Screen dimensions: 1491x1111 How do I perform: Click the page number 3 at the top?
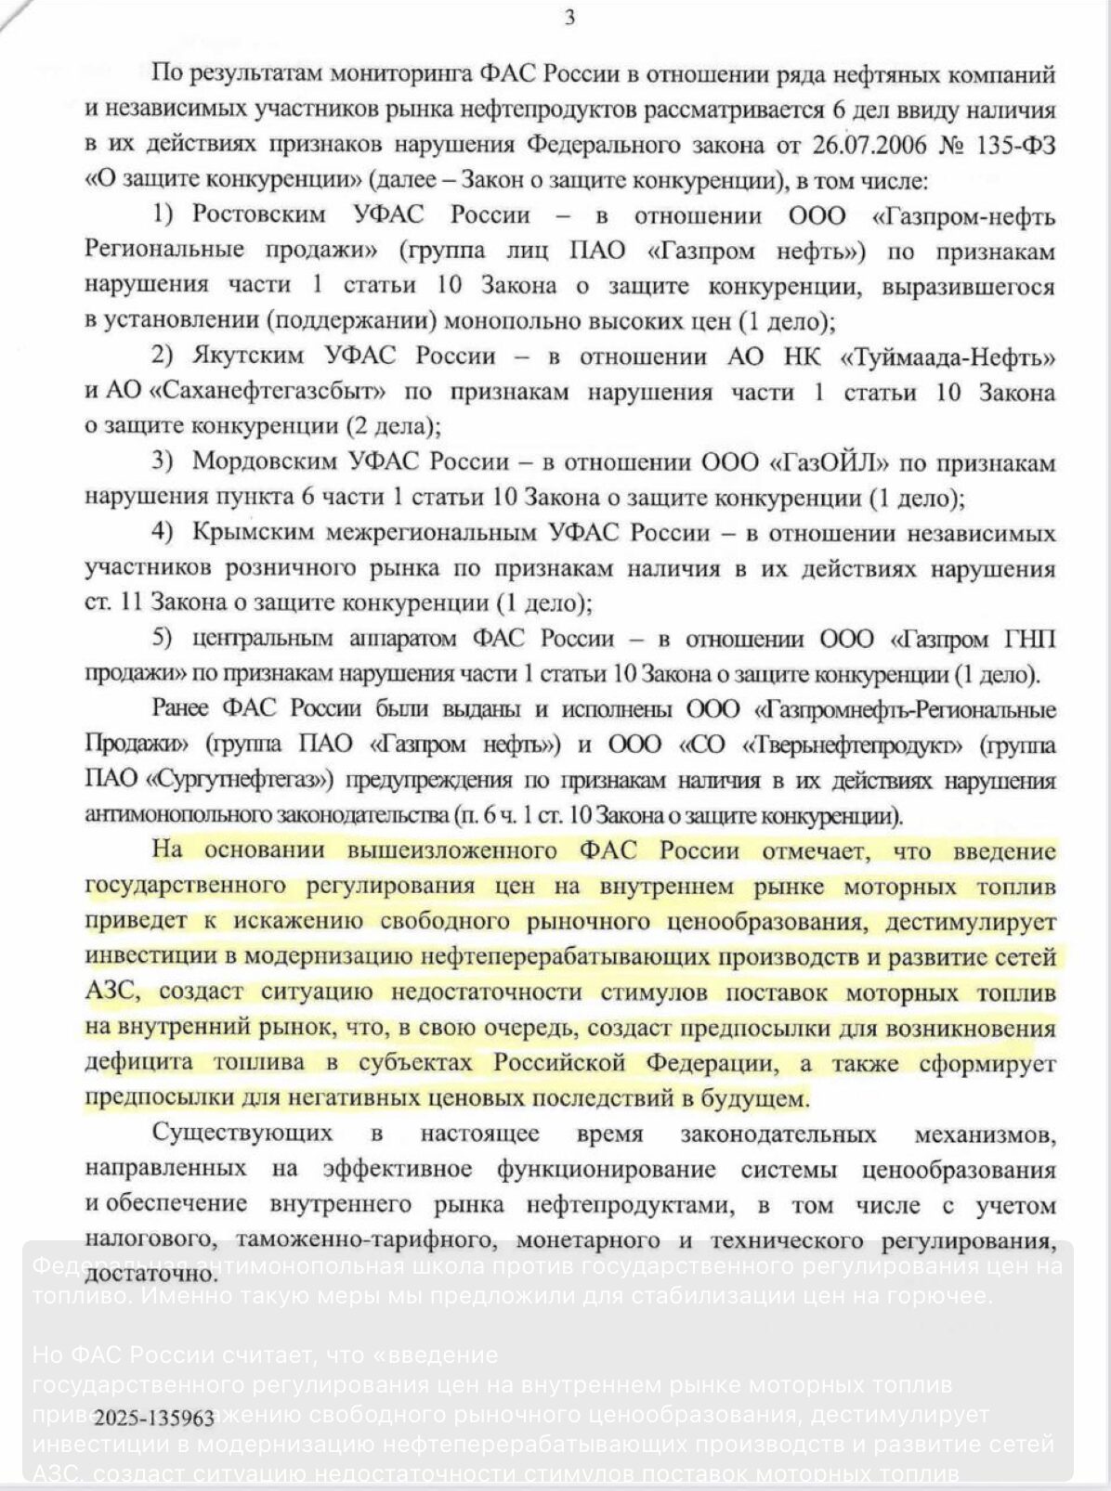pyautogui.click(x=569, y=18)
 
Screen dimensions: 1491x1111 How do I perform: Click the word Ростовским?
pyautogui.click(x=259, y=215)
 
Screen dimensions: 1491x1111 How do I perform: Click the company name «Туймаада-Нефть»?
pyautogui.click(x=948, y=357)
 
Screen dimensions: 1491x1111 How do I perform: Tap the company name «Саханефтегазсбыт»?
pyautogui.click(x=261, y=391)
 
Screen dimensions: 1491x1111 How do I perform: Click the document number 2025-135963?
pyautogui.click(x=154, y=1418)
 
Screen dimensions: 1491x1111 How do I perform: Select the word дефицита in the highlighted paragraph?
pyautogui.click(x=139, y=1063)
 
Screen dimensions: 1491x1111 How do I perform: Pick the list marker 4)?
pyautogui.click(x=163, y=533)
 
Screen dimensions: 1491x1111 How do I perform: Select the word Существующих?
pyautogui.click(x=242, y=1134)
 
